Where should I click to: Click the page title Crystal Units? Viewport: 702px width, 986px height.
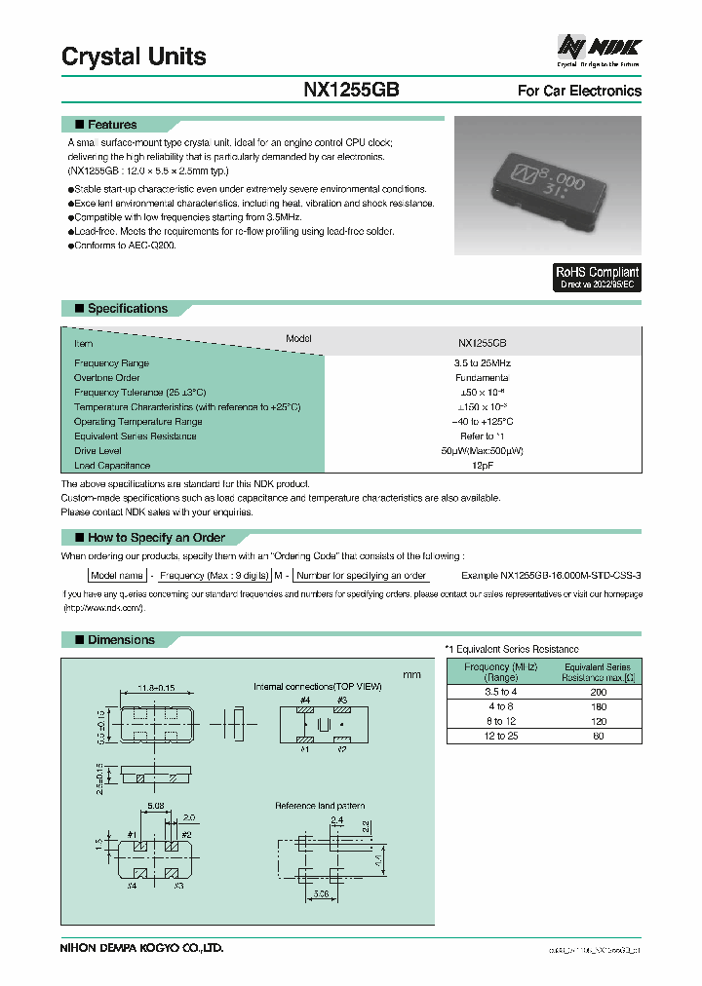pyautogui.click(x=134, y=57)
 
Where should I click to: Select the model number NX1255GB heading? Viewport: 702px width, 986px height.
pyautogui.click(x=350, y=91)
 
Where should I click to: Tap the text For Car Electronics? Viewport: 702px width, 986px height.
pyautogui.click(x=578, y=91)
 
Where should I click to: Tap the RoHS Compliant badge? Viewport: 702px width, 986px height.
pyautogui.click(x=597, y=278)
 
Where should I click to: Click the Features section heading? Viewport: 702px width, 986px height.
pyautogui.click(x=111, y=125)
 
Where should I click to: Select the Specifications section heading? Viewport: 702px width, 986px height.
pyautogui.click(x=127, y=309)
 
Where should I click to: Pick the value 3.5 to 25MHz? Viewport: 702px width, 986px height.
pyautogui.click(x=482, y=362)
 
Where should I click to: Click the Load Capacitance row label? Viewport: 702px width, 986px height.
pyautogui.click(x=112, y=466)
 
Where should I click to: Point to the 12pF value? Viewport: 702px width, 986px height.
pyautogui.click(x=482, y=466)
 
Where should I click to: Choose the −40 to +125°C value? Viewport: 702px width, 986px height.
pyautogui.click(x=482, y=422)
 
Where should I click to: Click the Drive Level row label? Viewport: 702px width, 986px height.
pyautogui.click(x=98, y=451)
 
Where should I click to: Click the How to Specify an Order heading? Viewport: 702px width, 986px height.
pyautogui.click(x=155, y=538)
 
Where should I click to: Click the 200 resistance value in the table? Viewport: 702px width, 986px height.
pyautogui.click(x=599, y=691)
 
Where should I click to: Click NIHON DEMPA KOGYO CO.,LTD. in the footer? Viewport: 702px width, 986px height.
pyautogui.click(x=143, y=946)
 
